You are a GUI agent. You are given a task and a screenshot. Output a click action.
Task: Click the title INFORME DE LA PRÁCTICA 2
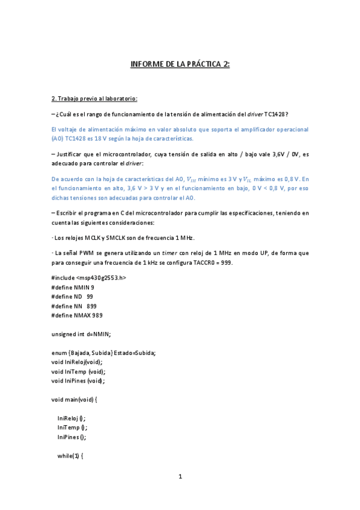click(180, 64)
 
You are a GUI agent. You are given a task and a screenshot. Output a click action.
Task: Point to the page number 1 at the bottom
click(180, 477)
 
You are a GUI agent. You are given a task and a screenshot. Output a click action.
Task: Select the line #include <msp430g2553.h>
click(89, 277)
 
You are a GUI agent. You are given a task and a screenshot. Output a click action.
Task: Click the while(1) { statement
click(70, 456)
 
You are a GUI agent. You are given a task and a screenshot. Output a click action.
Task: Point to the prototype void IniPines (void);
click(78, 380)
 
